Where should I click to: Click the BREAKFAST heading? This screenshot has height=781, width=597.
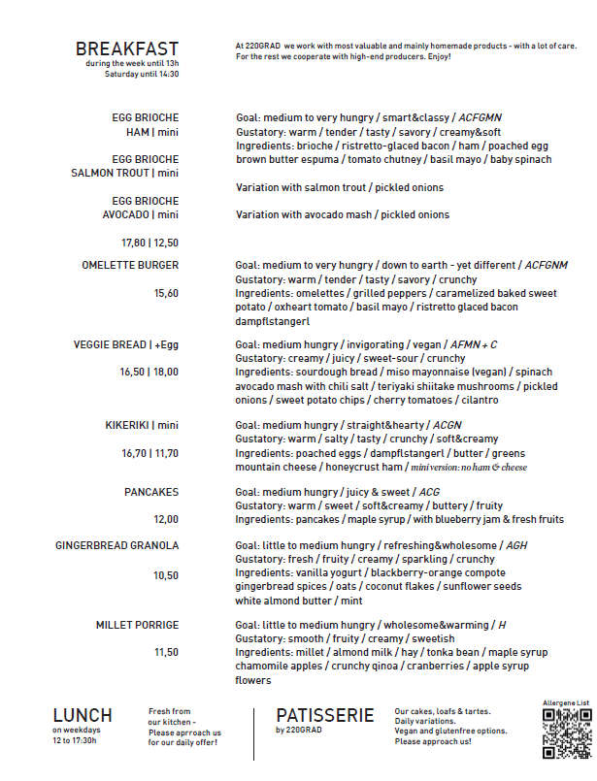click(127, 49)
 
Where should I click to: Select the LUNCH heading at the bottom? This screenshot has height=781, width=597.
click(83, 716)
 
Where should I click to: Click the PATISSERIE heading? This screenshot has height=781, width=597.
click(324, 716)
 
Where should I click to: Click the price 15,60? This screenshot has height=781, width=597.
click(166, 293)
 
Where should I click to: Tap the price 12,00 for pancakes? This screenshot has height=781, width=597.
click(166, 519)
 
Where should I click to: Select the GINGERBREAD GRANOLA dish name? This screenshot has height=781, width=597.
click(117, 546)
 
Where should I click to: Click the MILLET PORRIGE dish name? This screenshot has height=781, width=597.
click(137, 625)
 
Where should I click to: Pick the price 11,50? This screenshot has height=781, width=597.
click(166, 653)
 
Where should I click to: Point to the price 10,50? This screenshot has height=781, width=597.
click(166, 575)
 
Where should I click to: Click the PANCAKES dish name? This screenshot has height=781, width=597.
click(151, 492)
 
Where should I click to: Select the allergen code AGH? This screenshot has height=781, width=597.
click(516, 546)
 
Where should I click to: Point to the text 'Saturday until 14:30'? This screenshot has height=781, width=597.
click(142, 74)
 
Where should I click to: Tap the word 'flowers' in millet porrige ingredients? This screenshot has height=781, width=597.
click(253, 680)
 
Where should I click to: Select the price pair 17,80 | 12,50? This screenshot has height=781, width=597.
click(149, 243)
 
